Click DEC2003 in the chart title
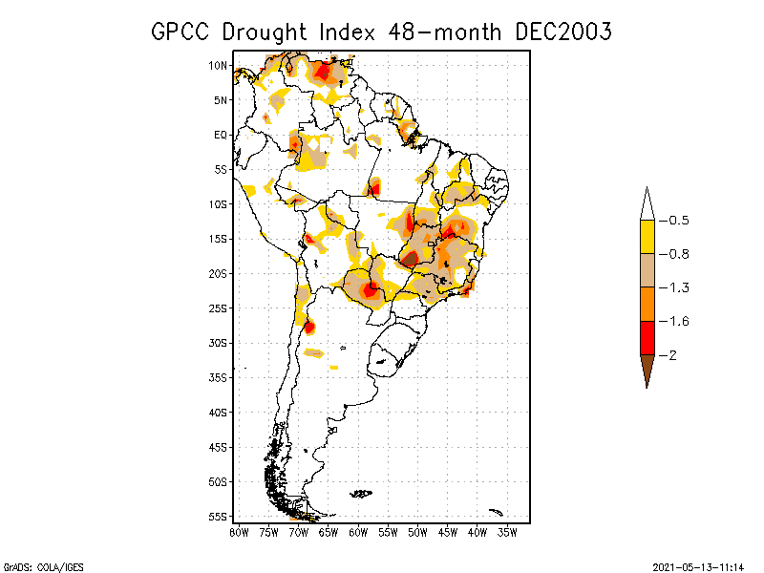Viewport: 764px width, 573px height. click(x=562, y=32)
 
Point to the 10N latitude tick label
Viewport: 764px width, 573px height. click(x=218, y=65)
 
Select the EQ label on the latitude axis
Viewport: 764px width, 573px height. click(x=220, y=135)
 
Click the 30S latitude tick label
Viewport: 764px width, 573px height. click(x=218, y=343)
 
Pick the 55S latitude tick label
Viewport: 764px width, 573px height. click(x=218, y=517)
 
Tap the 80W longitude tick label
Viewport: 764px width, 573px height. click(x=239, y=531)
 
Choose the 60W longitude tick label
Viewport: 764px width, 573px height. click(x=358, y=531)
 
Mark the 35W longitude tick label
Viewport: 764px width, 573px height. click(x=507, y=531)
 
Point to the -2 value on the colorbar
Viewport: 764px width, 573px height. click(x=673, y=354)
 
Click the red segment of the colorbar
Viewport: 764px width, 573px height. click(x=647, y=337)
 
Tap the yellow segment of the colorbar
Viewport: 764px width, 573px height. click(x=647, y=237)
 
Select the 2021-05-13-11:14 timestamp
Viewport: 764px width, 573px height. click(x=696, y=566)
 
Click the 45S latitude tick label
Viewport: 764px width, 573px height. click(x=218, y=447)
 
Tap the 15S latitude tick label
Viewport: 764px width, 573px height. click(x=218, y=239)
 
